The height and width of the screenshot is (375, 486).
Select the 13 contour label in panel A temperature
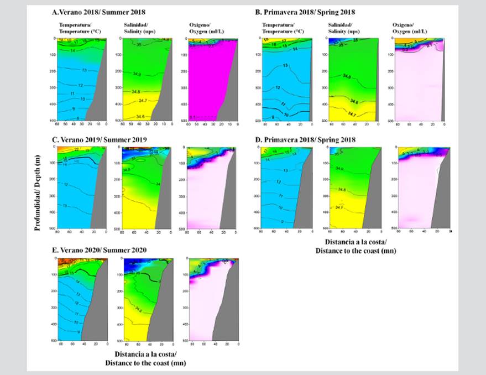coord(84,70)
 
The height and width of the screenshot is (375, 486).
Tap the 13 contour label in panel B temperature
coord(285,66)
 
